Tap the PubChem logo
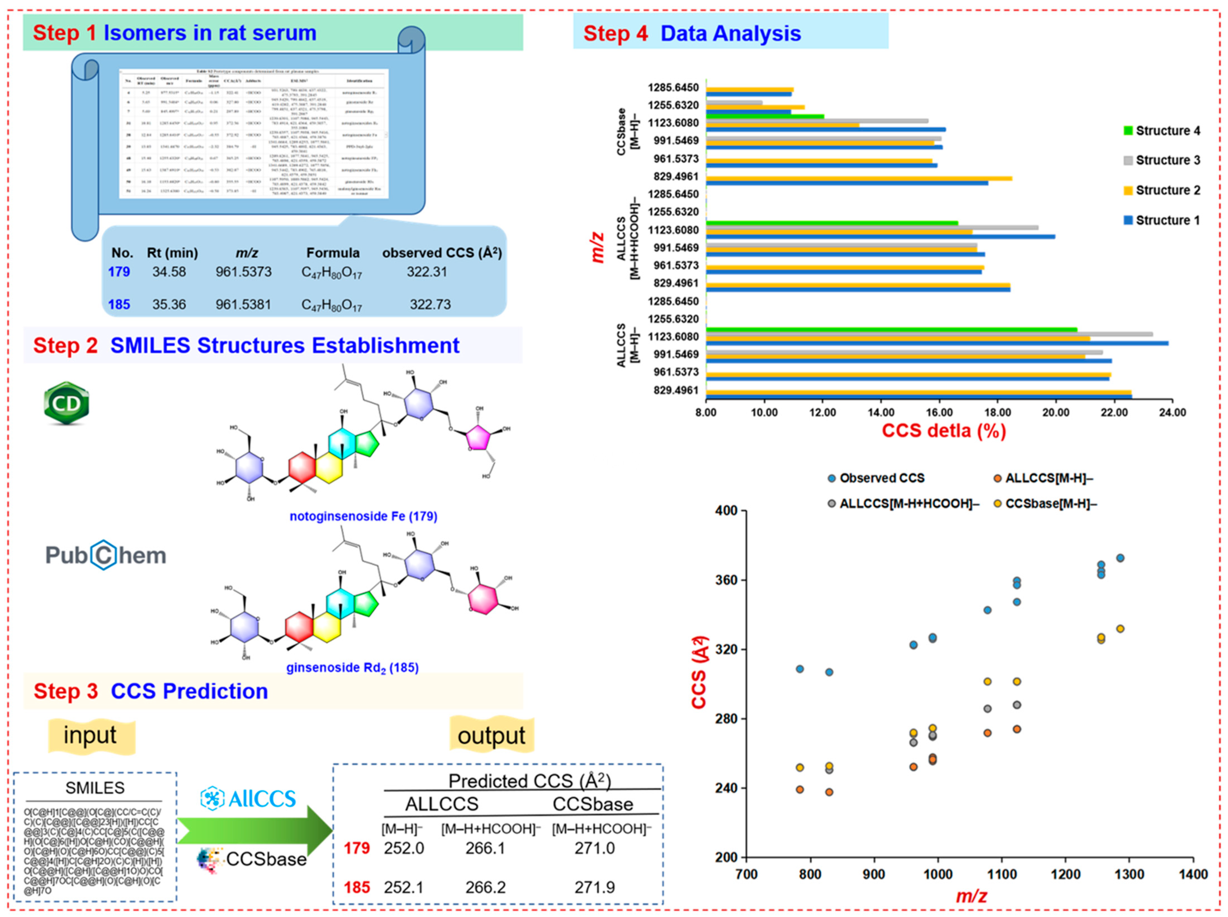coord(105,555)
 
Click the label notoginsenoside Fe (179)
coord(363,516)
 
